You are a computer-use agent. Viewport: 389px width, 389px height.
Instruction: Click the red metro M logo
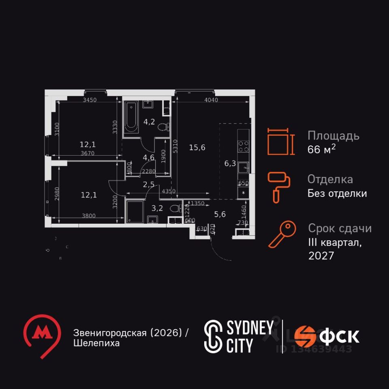[42, 335]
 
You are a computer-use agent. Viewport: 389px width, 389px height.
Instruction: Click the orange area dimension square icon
[279, 142]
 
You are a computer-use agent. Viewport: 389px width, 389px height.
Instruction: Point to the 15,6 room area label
[197, 147]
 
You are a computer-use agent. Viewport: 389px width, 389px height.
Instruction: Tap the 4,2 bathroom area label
[150, 122]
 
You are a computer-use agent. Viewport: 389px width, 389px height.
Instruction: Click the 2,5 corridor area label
[148, 185]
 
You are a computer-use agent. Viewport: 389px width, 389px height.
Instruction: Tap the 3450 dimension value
[90, 100]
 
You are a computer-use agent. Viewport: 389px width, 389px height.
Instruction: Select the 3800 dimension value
[88, 216]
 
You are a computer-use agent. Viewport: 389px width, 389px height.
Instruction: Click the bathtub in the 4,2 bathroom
[131, 117]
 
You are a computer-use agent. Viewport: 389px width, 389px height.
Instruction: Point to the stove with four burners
[244, 146]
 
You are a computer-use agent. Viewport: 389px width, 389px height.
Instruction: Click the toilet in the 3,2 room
[175, 209]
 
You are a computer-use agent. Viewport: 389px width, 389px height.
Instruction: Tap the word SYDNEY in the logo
[249, 328]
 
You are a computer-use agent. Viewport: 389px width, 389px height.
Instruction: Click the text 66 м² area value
[321, 149]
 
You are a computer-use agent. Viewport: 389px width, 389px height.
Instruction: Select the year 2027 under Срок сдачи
[321, 256]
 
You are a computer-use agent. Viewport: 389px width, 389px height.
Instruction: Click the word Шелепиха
[96, 343]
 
